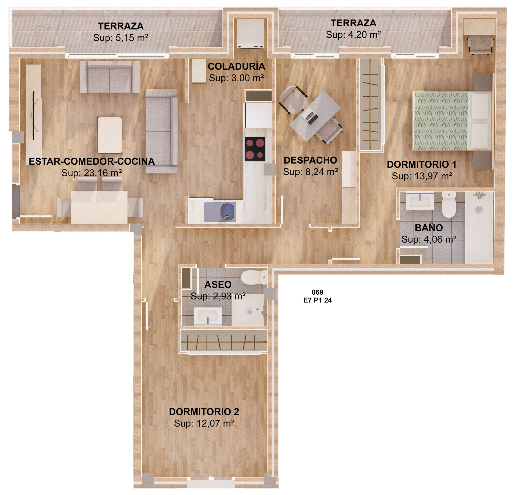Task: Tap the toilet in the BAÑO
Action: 449,204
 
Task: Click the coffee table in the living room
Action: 110,135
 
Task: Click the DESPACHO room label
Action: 310,160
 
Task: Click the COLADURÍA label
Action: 237,67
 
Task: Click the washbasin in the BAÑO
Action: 420,201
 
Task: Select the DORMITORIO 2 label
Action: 204,412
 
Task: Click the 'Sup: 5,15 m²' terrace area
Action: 121,38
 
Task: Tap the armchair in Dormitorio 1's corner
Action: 481,45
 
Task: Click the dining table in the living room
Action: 99,207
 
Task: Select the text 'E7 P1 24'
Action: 317,300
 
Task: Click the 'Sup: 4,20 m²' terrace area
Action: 353,35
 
